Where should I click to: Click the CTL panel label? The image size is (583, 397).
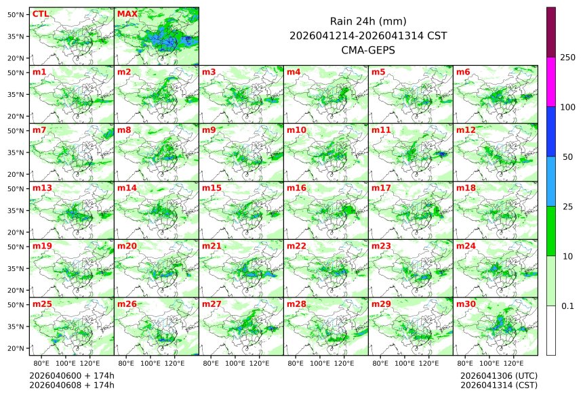[x=40, y=14]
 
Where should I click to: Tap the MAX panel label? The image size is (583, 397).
[x=127, y=14]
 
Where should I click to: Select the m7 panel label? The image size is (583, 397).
[x=39, y=129]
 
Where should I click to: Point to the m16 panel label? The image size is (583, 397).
[x=296, y=188]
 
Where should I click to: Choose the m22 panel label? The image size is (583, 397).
[x=296, y=246]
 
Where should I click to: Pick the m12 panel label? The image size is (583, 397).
[x=466, y=129]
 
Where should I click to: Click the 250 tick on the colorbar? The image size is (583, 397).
[x=567, y=58]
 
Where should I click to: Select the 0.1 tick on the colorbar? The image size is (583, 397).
[x=567, y=306]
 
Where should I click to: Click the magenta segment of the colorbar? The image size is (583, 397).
[x=551, y=81]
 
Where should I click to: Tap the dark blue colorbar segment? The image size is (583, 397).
[x=551, y=131]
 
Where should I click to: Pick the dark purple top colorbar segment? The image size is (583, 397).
[x=551, y=32]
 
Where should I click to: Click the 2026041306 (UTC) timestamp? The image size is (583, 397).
[x=498, y=375]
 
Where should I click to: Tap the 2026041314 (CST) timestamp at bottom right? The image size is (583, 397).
[x=498, y=385]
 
